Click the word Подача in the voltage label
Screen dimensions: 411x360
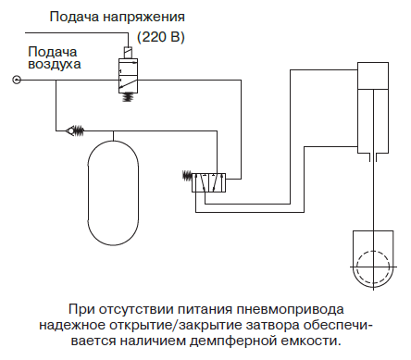(74, 17)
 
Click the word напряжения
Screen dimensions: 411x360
(143, 18)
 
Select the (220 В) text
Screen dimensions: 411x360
(161, 37)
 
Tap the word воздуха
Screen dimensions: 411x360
(55, 65)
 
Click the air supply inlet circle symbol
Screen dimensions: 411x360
(17, 81)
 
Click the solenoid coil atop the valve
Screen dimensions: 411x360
(128, 52)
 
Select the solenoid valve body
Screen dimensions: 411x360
(128, 75)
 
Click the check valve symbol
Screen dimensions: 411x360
(75, 130)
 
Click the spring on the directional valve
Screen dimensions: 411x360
(187, 176)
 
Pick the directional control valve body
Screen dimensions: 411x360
(208, 183)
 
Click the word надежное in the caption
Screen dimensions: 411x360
(72, 326)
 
